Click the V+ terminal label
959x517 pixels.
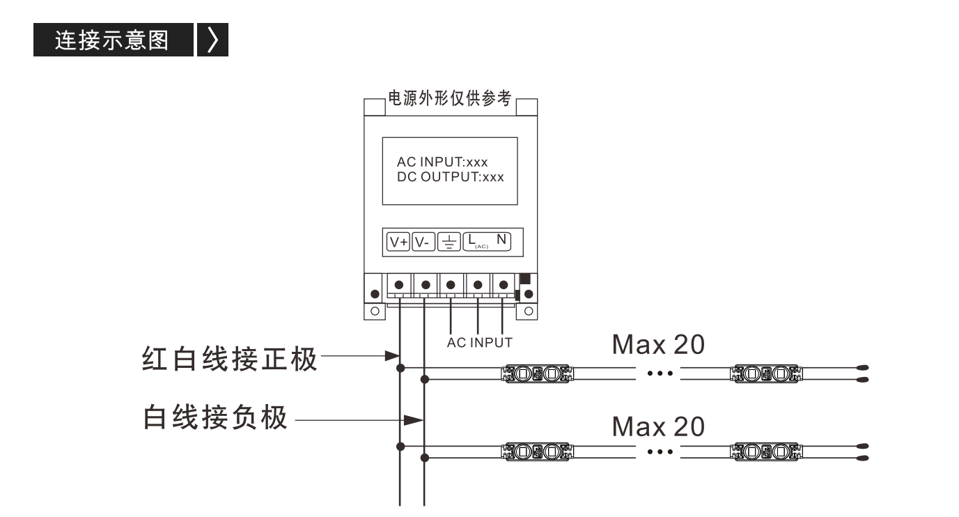click(398, 242)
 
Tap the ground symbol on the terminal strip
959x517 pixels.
click(449, 242)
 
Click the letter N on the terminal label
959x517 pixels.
click(501, 240)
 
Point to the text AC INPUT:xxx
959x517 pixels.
click(442, 162)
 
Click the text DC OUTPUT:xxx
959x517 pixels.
click(451, 176)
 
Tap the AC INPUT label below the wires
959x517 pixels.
click(479, 343)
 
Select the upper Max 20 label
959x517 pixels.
click(658, 344)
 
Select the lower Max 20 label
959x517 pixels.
click(658, 426)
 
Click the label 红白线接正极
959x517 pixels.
click(229, 359)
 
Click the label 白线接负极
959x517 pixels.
click(215, 417)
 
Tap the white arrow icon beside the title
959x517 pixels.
click(213, 40)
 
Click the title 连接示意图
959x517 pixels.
click(111, 40)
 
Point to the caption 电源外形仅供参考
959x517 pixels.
click(450, 98)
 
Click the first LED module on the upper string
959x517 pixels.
click(537, 373)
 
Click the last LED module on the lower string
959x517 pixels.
click(766, 452)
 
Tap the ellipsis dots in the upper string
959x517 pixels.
click(660, 373)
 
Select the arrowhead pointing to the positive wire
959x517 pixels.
click(392, 355)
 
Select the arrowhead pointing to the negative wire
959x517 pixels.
click(414, 420)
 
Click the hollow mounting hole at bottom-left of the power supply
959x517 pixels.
click(375, 311)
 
